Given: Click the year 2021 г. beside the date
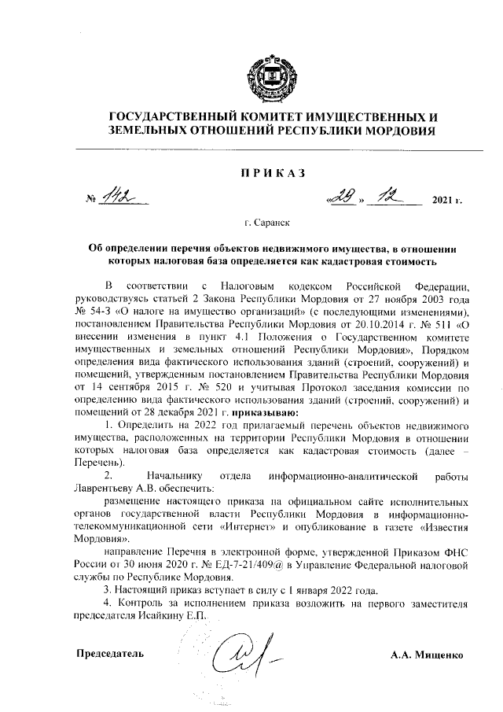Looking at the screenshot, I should tap(446, 201).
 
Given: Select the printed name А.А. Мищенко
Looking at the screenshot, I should tap(428, 654).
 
